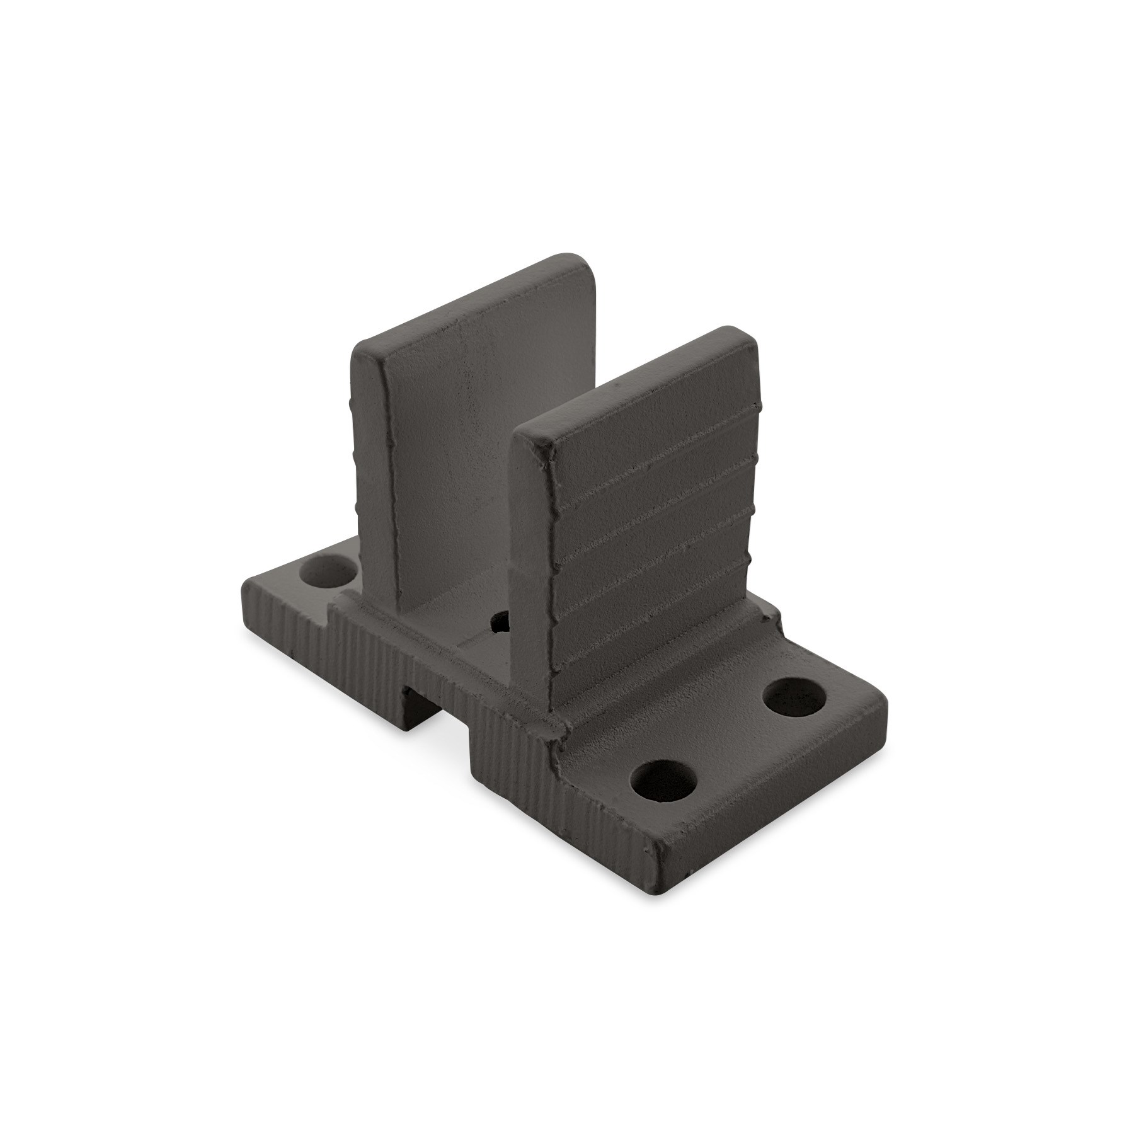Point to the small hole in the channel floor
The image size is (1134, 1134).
501,621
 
